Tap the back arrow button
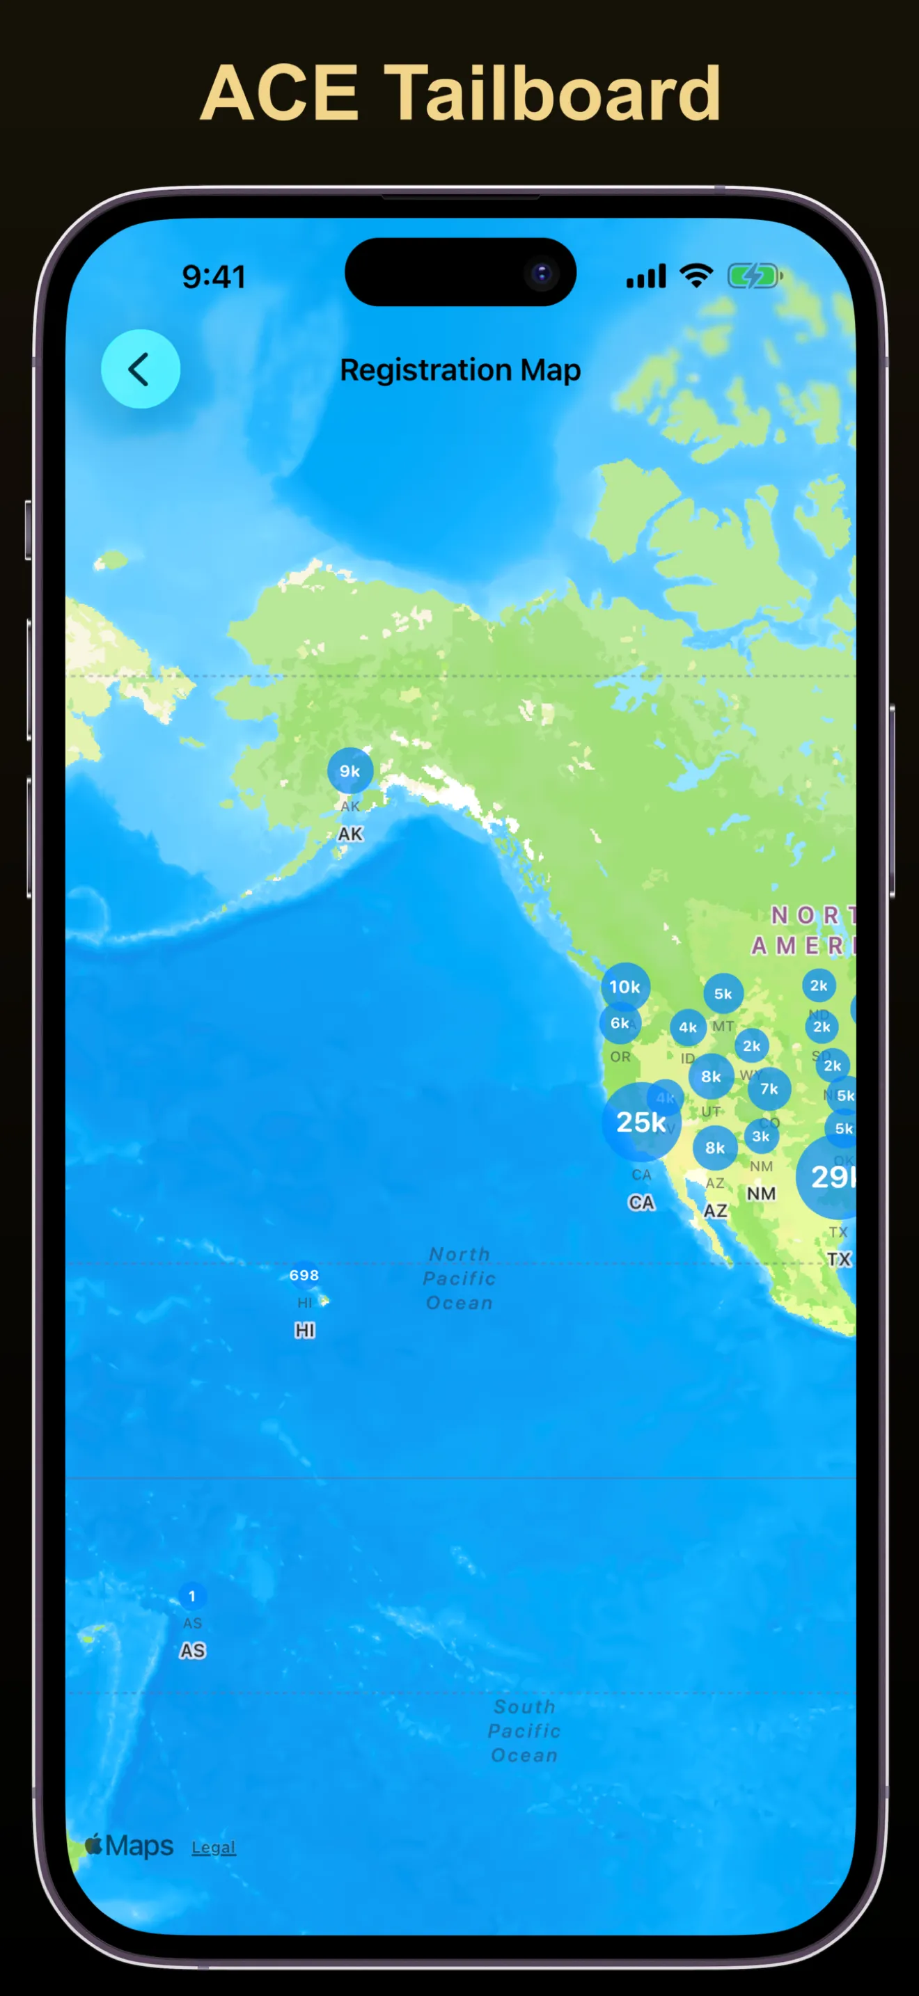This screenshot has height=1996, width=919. (x=140, y=369)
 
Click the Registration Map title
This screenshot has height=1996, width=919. (x=460, y=370)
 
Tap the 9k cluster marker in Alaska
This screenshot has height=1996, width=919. (x=349, y=770)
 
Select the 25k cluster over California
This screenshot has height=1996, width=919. (x=640, y=1122)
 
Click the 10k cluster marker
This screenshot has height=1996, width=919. (x=625, y=986)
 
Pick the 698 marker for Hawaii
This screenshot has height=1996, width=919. (x=304, y=1274)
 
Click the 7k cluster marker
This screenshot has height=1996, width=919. (x=769, y=1088)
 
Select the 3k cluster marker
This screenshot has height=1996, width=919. (x=761, y=1136)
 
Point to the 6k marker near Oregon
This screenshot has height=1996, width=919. (x=619, y=1023)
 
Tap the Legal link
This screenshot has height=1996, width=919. (x=213, y=1846)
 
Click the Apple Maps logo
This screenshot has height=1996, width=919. (x=129, y=1845)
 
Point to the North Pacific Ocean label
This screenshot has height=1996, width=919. (x=459, y=1278)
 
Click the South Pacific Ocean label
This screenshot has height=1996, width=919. (x=524, y=1730)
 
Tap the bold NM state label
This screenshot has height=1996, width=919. (x=761, y=1194)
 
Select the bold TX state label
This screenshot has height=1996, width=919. (x=838, y=1259)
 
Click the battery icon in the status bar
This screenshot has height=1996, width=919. (x=754, y=276)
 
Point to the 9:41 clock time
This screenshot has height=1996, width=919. (x=214, y=276)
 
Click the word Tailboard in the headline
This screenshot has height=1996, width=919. (x=553, y=94)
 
